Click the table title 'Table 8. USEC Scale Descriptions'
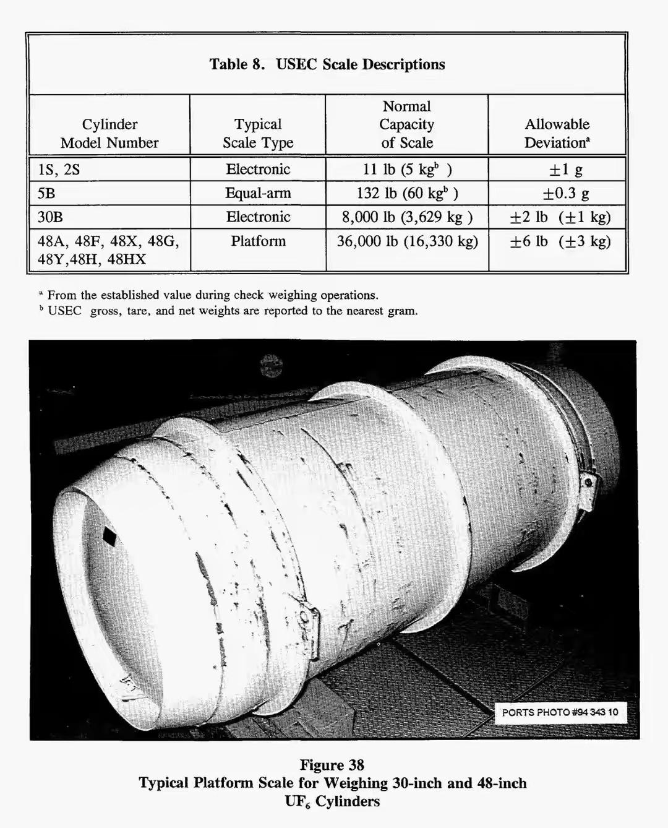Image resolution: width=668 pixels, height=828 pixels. pyautogui.click(x=327, y=64)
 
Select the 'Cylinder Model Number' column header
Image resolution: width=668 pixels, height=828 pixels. pyautogui.click(x=109, y=134)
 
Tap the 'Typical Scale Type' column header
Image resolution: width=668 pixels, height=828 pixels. pyautogui.click(x=258, y=134)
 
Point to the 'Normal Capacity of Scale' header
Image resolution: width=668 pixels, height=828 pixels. pyautogui.click(x=406, y=124)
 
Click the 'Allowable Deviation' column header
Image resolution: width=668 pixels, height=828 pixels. pyautogui.click(x=557, y=134)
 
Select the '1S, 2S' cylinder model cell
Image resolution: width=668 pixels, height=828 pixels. pyautogui.click(x=59, y=170)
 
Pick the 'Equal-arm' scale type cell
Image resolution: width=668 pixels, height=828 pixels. pyautogui.click(x=258, y=193)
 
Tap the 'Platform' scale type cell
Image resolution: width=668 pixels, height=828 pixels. pyautogui.click(x=258, y=241)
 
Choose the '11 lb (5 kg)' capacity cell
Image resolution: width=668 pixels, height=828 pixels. pyautogui.click(x=406, y=170)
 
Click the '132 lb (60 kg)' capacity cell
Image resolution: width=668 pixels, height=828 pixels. pyautogui.click(x=406, y=193)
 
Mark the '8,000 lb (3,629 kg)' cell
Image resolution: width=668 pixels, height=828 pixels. pyautogui.click(x=406, y=217)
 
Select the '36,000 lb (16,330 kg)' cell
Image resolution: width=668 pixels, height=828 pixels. pyautogui.click(x=407, y=241)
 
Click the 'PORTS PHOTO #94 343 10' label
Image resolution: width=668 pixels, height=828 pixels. pyautogui.click(x=560, y=712)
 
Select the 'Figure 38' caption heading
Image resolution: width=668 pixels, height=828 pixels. pyautogui.click(x=332, y=765)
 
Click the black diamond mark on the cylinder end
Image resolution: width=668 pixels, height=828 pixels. pyautogui.click(x=109, y=537)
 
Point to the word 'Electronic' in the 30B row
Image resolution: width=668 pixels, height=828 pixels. pyautogui.click(x=258, y=217)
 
